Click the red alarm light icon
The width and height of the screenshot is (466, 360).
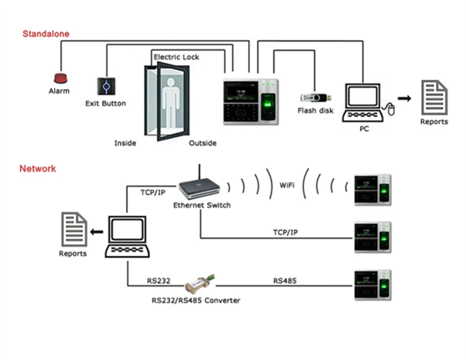[x=60, y=78]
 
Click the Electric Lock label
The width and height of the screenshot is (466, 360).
[x=176, y=57]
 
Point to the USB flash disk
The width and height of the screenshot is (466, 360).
[x=316, y=97]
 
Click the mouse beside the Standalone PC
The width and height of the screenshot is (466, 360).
[x=391, y=110]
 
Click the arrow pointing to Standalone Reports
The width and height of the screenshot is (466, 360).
[x=404, y=98]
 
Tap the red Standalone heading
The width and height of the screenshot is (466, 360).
[x=46, y=34]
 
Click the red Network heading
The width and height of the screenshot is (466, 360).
[x=37, y=168]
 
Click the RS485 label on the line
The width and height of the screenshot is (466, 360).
[x=285, y=281]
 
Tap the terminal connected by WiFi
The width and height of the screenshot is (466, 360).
[x=372, y=190]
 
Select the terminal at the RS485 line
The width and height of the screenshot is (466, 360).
[x=372, y=286]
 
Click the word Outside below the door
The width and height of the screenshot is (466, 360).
[x=203, y=143]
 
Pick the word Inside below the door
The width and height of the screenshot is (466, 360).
[x=125, y=143]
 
